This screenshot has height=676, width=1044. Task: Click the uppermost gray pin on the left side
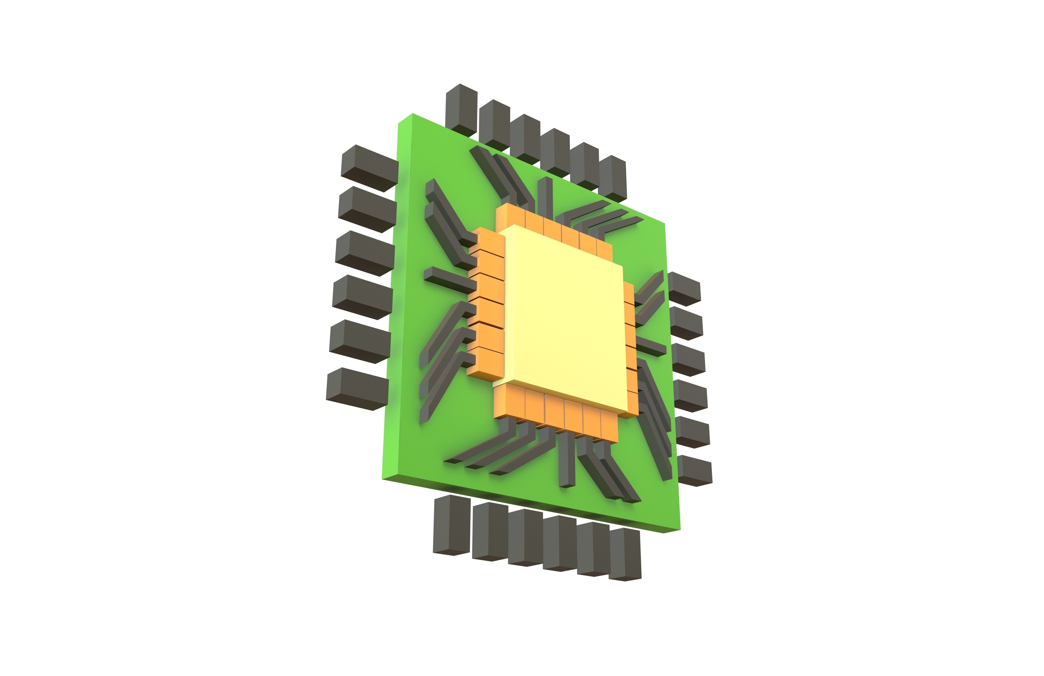pos(369,168)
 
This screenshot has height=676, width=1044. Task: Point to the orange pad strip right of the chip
pos(630,347)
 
